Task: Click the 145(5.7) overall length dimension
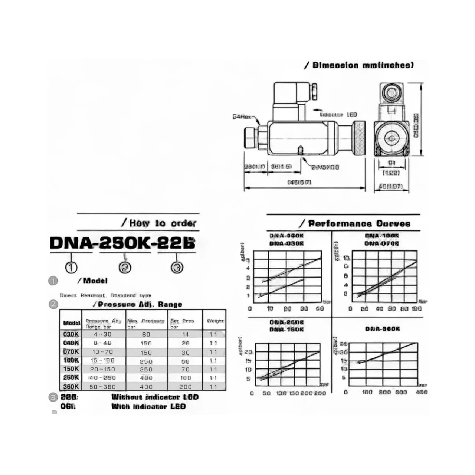[299, 182]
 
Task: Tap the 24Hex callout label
[242, 117]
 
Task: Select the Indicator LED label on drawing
[338, 115]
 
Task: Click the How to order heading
[163, 223]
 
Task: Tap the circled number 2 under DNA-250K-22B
[125, 267]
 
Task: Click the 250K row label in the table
[71, 377]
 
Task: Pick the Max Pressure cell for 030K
[146, 334]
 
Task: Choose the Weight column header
[215, 321]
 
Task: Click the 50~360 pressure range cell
[102, 387]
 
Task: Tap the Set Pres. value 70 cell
[185, 369]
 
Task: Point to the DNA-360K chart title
[382, 329]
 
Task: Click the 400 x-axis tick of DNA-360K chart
[422, 392]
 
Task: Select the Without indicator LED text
[155, 397]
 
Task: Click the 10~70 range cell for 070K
[102, 352]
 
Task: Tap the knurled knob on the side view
[359, 138]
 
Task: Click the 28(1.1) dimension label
[254, 167]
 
